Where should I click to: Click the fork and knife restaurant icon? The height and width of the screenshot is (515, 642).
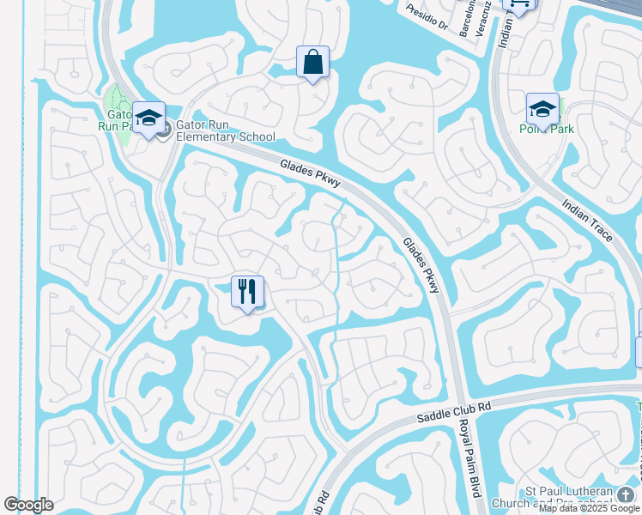coord(247,292)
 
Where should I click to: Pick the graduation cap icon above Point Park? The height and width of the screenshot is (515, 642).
coord(542,109)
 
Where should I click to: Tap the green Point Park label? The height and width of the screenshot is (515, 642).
coord(546,130)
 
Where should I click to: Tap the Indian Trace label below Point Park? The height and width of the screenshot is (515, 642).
coord(587,220)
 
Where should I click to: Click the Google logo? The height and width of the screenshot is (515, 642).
coord(28,505)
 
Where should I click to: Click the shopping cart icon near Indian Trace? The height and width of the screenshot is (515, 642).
coord(519,4)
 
